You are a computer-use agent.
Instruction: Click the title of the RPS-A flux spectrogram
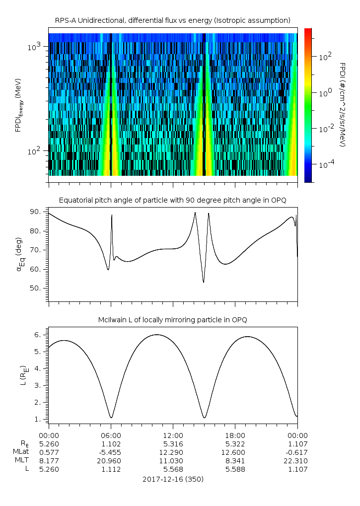[x=172, y=20]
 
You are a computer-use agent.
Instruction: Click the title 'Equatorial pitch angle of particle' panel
[x=172, y=200]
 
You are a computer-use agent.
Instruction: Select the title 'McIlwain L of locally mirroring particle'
[x=172, y=320]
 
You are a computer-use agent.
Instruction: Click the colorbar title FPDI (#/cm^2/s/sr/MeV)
[x=342, y=105]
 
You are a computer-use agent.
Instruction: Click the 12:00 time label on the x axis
[x=172, y=434]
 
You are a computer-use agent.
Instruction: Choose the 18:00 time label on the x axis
[x=235, y=434]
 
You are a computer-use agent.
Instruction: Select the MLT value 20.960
[x=110, y=460]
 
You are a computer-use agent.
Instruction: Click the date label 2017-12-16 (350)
[x=172, y=479]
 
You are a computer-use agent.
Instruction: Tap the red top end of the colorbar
[x=308, y=30]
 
